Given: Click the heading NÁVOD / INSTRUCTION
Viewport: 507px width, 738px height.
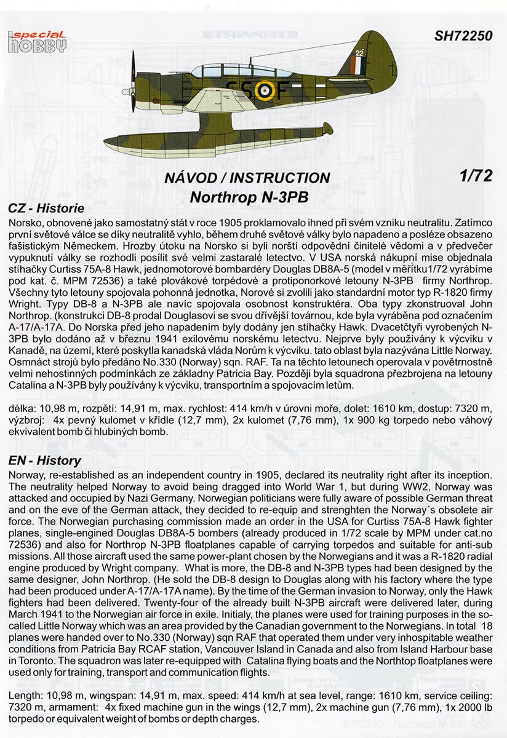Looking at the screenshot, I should coord(247,178).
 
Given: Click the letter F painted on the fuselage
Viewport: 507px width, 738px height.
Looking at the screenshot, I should coord(281,90).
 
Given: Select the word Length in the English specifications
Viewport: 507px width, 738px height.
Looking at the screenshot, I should coord(22,694).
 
